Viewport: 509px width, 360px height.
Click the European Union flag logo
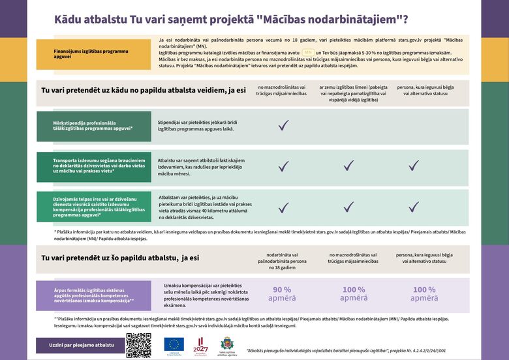pos(174,343)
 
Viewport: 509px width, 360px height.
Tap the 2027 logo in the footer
pos(201,344)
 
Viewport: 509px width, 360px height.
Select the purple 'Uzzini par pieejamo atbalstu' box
pos(81,344)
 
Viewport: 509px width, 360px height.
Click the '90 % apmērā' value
pos(282,293)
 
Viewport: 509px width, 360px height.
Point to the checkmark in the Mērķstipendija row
pos(283,126)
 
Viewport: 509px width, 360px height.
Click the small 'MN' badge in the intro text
pos(308,52)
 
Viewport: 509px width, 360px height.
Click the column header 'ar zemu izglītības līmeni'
pos(353,93)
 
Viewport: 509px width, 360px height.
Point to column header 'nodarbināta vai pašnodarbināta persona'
pos(282,260)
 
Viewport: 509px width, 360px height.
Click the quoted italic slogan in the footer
pos(346,350)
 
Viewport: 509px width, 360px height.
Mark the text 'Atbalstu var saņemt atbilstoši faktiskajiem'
pos(201,160)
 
